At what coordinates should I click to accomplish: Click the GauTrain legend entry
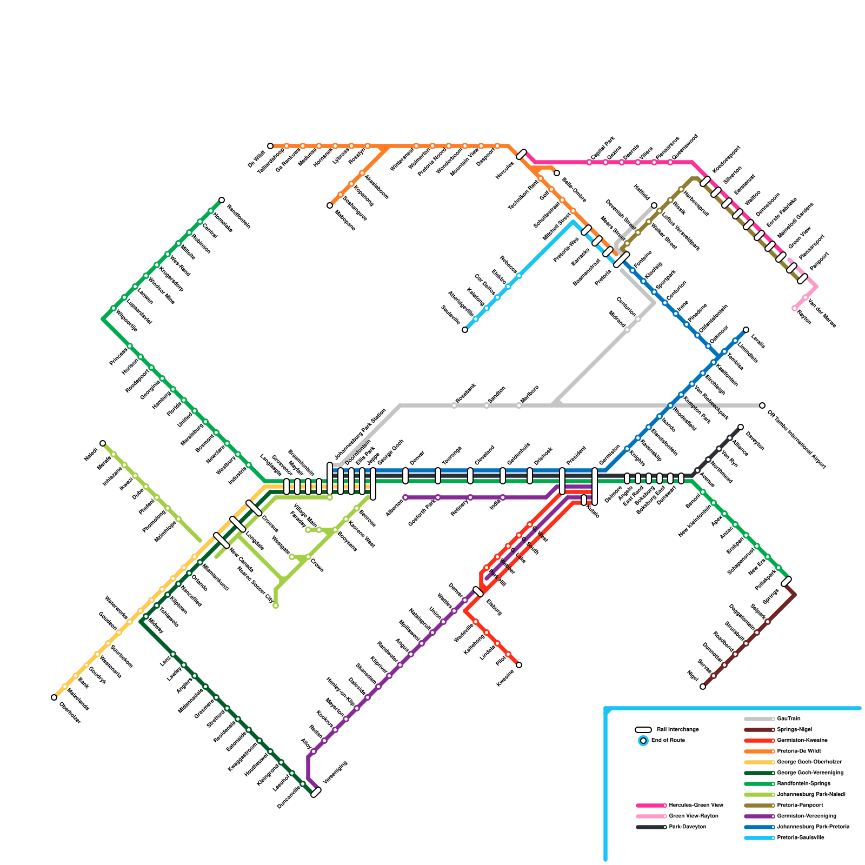[x=788, y=718]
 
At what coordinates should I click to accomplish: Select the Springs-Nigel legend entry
[x=794, y=729]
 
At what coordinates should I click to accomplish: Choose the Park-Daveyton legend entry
[x=687, y=827]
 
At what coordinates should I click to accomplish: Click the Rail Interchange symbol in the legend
[x=643, y=729]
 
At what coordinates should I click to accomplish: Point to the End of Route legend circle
[x=643, y=741]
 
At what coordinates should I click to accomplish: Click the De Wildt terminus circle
[x=270, y=146]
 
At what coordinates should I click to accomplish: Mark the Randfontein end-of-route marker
[x=222, y=200]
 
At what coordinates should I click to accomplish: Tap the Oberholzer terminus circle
[x=54, y=697]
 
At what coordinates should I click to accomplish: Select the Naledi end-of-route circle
[x=103, y=443]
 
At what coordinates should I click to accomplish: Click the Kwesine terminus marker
[x=519, y=665]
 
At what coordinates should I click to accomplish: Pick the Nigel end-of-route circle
[x=703, y=687]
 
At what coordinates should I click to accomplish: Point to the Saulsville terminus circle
[x=465, y=330]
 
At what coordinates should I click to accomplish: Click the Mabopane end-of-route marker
[x=330, y=205]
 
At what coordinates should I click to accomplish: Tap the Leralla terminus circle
[x=746, y=330]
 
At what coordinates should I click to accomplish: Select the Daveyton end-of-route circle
[x=741, y=427]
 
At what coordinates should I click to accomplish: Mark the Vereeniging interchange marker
[x=316, y=792]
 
